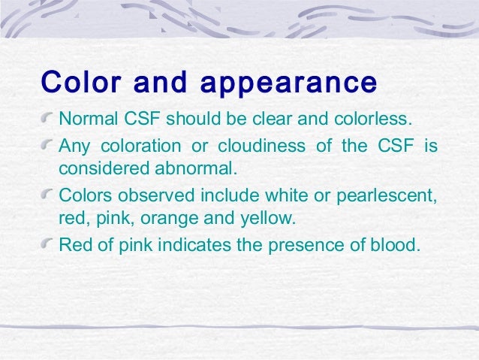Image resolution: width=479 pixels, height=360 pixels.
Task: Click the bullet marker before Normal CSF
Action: point(49,119)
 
